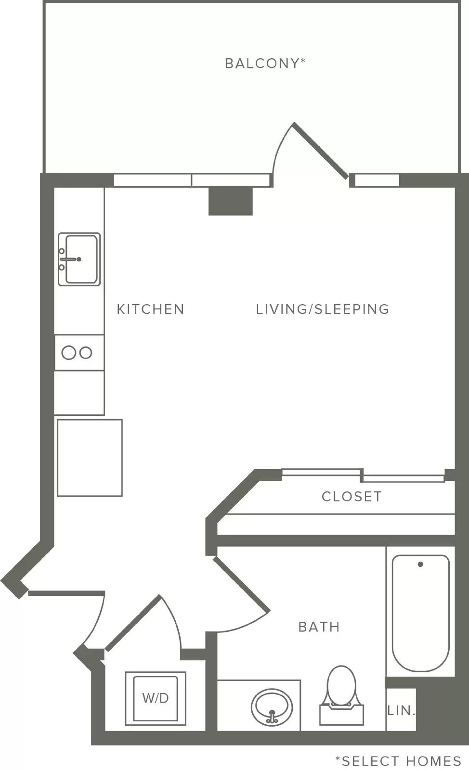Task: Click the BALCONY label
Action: pos(265,63)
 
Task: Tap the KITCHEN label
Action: pos(151,309)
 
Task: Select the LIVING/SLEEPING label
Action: pos(323,309)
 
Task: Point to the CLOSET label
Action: pos(352,496)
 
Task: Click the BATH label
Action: pos(319,627)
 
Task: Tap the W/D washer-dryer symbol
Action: pos(156,698)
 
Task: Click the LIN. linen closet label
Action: pos(401,710)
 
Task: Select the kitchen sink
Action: pos(79,259)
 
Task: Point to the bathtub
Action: pos(420,613)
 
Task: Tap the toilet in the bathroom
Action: pos(341,696)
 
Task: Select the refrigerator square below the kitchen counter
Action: pos(90,458)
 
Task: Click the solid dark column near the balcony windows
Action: pos(231,201)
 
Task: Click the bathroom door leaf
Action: pos(241,584)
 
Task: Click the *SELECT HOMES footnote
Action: pos(398,761)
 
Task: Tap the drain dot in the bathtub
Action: pos(420,564)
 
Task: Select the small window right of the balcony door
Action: pos(377,180)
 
